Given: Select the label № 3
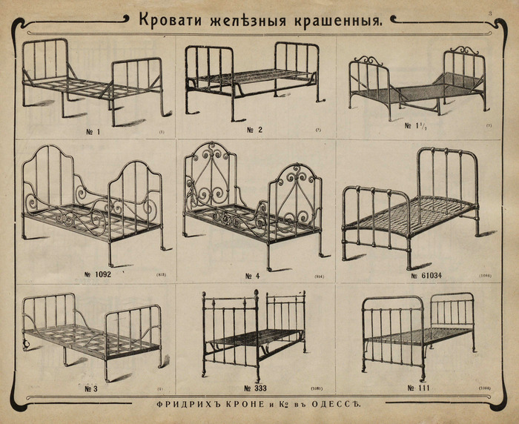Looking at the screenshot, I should (93, 387).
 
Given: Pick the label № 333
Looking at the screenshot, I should (254, 387).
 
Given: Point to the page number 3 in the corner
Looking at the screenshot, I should (490, 13).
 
